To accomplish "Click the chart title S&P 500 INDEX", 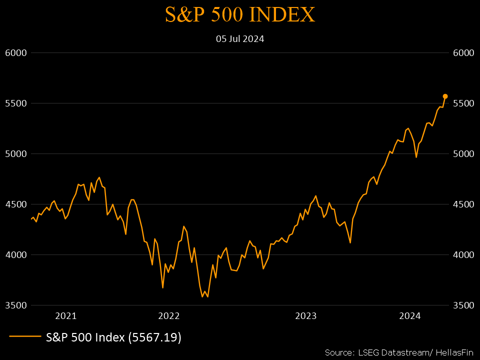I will [x=240, y=14].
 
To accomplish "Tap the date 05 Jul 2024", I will [x=240, y=38].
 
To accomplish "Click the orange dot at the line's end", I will [x=445, y=96].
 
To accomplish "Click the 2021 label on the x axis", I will [x=66, y=315].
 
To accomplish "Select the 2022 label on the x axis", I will [x=168, y=315].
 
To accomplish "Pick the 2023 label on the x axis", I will [x=306, y=315].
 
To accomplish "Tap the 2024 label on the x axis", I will [x=409, y=315].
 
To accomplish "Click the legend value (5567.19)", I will [x=154, y=337].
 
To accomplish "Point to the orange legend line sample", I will [x=25, y=337].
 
